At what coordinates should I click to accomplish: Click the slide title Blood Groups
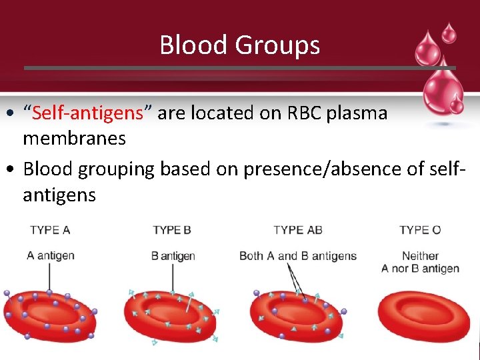[239, 45]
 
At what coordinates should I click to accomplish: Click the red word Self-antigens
[88, 113]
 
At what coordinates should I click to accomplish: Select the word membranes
[74, 139]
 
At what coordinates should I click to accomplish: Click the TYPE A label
[50, 231]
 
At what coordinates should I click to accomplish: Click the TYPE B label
[172, 231]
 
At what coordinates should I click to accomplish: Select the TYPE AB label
[297, 231]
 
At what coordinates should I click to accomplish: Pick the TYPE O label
[420, 231]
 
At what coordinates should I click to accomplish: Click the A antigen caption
[51, 255]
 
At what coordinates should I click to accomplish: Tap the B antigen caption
[173, 256]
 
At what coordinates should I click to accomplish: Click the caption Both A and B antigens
[298, 256]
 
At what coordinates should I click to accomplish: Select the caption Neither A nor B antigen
[420, 262]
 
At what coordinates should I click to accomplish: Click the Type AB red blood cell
[296, 317]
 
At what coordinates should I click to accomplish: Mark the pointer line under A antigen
[49, 277]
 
